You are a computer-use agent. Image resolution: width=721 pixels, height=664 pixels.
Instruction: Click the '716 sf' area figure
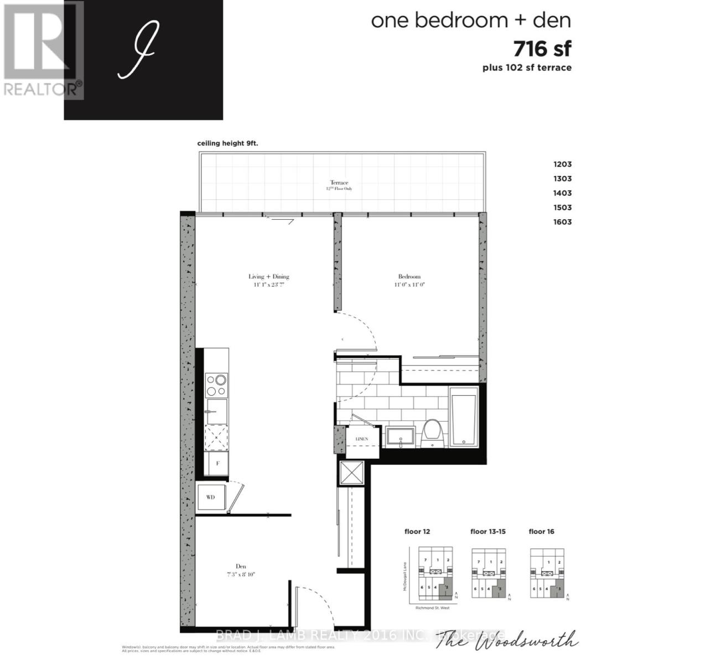pos(542,49)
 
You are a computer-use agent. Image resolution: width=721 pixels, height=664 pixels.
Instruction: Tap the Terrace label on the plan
pos(339,183)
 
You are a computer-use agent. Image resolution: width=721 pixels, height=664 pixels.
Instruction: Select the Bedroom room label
pos(409,277)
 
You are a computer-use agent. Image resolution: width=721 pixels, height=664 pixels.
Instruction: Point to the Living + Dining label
pos(268,277)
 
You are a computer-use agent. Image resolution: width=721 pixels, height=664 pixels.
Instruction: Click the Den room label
pos(241,566)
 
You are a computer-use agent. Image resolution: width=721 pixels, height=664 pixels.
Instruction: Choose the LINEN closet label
pos(361,439)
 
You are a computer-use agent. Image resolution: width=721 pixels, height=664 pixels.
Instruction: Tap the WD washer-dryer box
pos(210,497)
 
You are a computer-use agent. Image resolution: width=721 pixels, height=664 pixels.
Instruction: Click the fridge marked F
pos(217,464)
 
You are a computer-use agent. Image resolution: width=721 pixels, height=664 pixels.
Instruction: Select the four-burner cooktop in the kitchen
pos(216,385)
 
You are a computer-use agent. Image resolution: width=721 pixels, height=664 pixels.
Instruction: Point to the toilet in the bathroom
pos(431,432)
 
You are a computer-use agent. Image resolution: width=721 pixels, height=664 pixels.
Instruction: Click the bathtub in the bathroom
pos(464,416)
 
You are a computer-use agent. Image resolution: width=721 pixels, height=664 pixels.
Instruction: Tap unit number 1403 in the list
pos(562,193)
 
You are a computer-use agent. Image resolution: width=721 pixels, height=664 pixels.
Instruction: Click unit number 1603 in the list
pos(562,222)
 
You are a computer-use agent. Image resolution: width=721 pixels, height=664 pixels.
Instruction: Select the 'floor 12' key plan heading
pos(417,532)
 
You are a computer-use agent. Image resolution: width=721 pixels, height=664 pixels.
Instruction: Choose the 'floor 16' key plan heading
pos(541,532)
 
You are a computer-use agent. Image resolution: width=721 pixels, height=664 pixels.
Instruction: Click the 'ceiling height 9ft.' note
pos(228,143)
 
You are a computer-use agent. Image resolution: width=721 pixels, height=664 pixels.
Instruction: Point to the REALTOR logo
pos(43,50)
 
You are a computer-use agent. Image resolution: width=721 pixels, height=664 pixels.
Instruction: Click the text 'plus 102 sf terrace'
pos(527,68)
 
